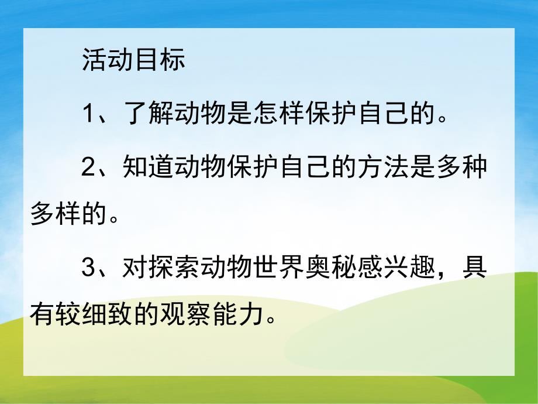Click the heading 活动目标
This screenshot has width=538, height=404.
coord(133,61)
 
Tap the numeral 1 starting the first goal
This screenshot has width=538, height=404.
coord(88,113)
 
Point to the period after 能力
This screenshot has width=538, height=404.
coord(270,322)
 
